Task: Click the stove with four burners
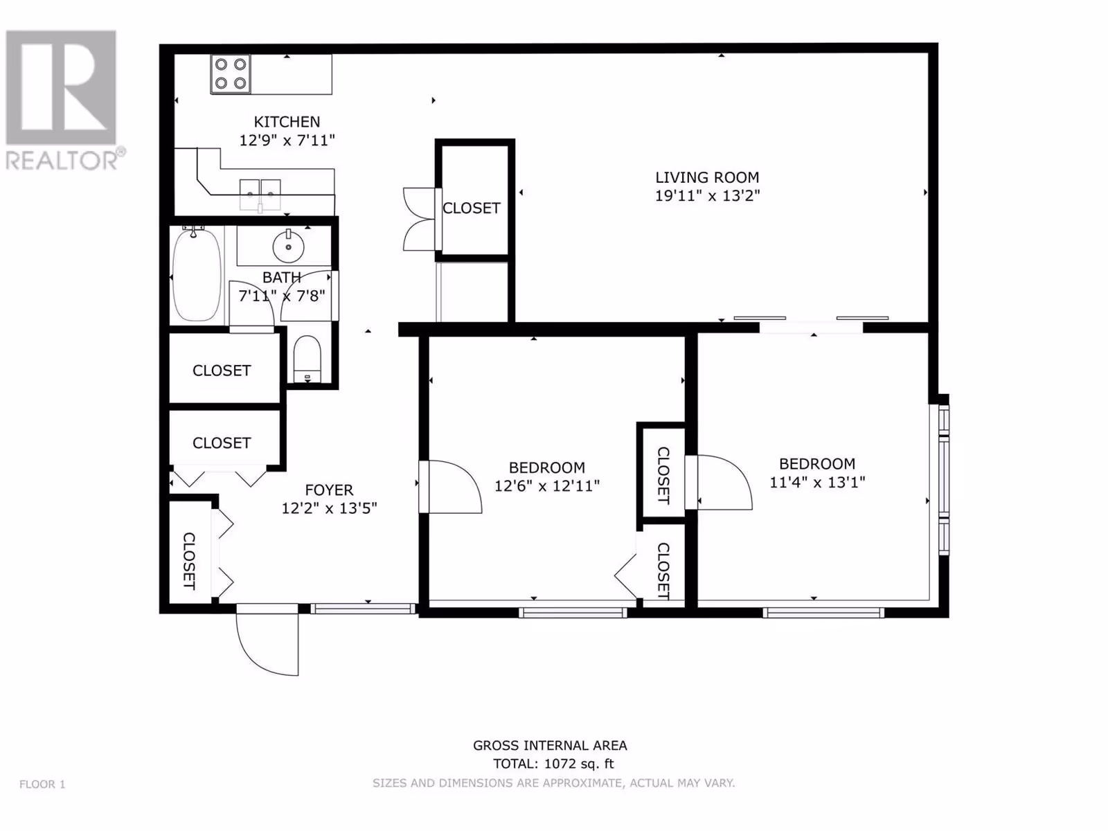click(231, 73)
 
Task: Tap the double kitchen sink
click(260, 195)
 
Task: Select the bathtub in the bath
click(197, 275)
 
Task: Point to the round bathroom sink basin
click(288, 247)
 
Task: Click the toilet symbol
click(307, 359)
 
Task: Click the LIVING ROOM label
click(707, 177)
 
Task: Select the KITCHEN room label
click(287, 122)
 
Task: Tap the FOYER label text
click(329, 490)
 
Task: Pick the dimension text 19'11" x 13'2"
click(707, 195)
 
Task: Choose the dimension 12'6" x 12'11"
click(546, 486)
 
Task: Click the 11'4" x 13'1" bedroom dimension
click(817, 483)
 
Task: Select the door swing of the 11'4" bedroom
click(738, 474)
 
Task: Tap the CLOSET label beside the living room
click(472, 208)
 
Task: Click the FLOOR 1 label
click(42, 785)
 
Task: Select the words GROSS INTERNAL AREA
click(550, 746)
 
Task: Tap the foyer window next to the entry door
click(362, 609)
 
